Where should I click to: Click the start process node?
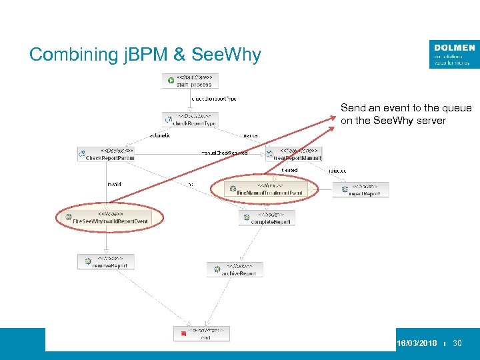190,81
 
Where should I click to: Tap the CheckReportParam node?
106,154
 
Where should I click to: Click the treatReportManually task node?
294,154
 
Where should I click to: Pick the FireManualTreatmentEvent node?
265,189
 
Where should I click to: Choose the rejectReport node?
361,189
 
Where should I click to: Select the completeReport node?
267,217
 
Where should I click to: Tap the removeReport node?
106,261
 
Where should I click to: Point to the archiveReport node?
235,269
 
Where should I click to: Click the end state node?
202,333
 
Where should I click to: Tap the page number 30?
457,343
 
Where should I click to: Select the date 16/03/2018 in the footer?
417,343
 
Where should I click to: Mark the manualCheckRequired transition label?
224,153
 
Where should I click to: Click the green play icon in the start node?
171,81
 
